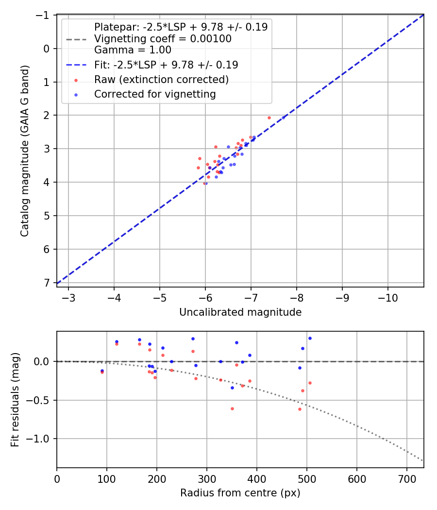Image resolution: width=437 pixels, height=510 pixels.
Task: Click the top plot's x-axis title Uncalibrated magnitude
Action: [240, 312]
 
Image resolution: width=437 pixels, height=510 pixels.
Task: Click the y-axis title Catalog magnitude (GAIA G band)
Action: [25, 151]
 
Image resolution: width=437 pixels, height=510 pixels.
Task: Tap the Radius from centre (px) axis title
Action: [240, 493]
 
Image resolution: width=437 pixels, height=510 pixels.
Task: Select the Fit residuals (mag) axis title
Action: [15, 399]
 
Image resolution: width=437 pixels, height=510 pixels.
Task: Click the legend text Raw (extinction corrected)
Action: [161, 79]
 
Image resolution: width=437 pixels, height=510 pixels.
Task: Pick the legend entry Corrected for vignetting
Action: [155, 94]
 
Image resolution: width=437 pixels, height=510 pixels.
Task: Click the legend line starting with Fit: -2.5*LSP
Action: [166, 64]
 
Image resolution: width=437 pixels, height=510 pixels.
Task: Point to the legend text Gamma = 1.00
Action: [133, 50]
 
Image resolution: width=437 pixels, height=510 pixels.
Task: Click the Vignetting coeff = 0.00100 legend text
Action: [163, 38]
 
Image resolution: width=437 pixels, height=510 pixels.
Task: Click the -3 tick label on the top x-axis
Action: [68, 297]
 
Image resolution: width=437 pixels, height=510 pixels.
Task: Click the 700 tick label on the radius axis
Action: [407, 478]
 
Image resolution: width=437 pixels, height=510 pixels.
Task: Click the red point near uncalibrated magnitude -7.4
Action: [269, 118]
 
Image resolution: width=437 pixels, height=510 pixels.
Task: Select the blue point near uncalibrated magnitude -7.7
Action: [284, 117]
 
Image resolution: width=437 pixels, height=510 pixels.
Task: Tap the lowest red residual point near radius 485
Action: [300, 409]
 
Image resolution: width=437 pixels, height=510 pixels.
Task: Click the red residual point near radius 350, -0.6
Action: [232, 408]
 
